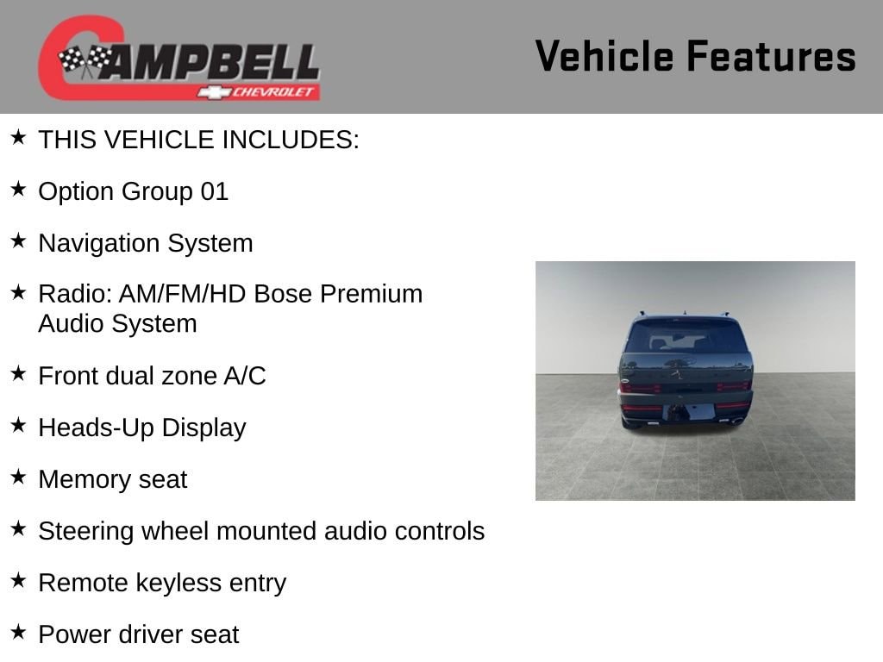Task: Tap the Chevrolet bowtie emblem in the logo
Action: tap(214, 92)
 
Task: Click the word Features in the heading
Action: tap(772, 56)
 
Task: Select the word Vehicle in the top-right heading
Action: tap(604, 56)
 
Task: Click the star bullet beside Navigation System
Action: tap(18, 241)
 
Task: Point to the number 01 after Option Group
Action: tap(215, 191)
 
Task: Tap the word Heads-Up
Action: tap(97, 428)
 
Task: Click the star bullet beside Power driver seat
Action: tap(18, 632)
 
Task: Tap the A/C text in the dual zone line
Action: tap(244, 376)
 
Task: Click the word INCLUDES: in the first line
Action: tap(291, 140)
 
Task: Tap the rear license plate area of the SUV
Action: tap(687, 412)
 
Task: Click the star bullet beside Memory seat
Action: tap(18, 477)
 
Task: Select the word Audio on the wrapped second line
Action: tap(71, 324)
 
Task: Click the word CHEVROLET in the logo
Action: tap(273, 92)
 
